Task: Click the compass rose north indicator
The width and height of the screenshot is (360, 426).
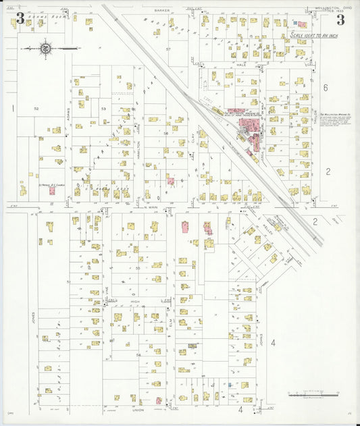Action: coord(45,47)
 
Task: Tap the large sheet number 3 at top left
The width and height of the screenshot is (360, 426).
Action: coord(20,19)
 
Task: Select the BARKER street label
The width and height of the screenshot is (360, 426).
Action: coord(161,11)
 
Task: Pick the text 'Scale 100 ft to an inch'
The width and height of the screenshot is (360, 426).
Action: coord(308,33)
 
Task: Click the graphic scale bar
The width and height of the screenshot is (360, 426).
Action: coord(315,394)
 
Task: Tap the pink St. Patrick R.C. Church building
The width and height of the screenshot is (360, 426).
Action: coord(51,190)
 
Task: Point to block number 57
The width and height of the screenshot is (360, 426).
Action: coord(169,50)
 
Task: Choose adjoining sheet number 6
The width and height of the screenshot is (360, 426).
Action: coord(325,87)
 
